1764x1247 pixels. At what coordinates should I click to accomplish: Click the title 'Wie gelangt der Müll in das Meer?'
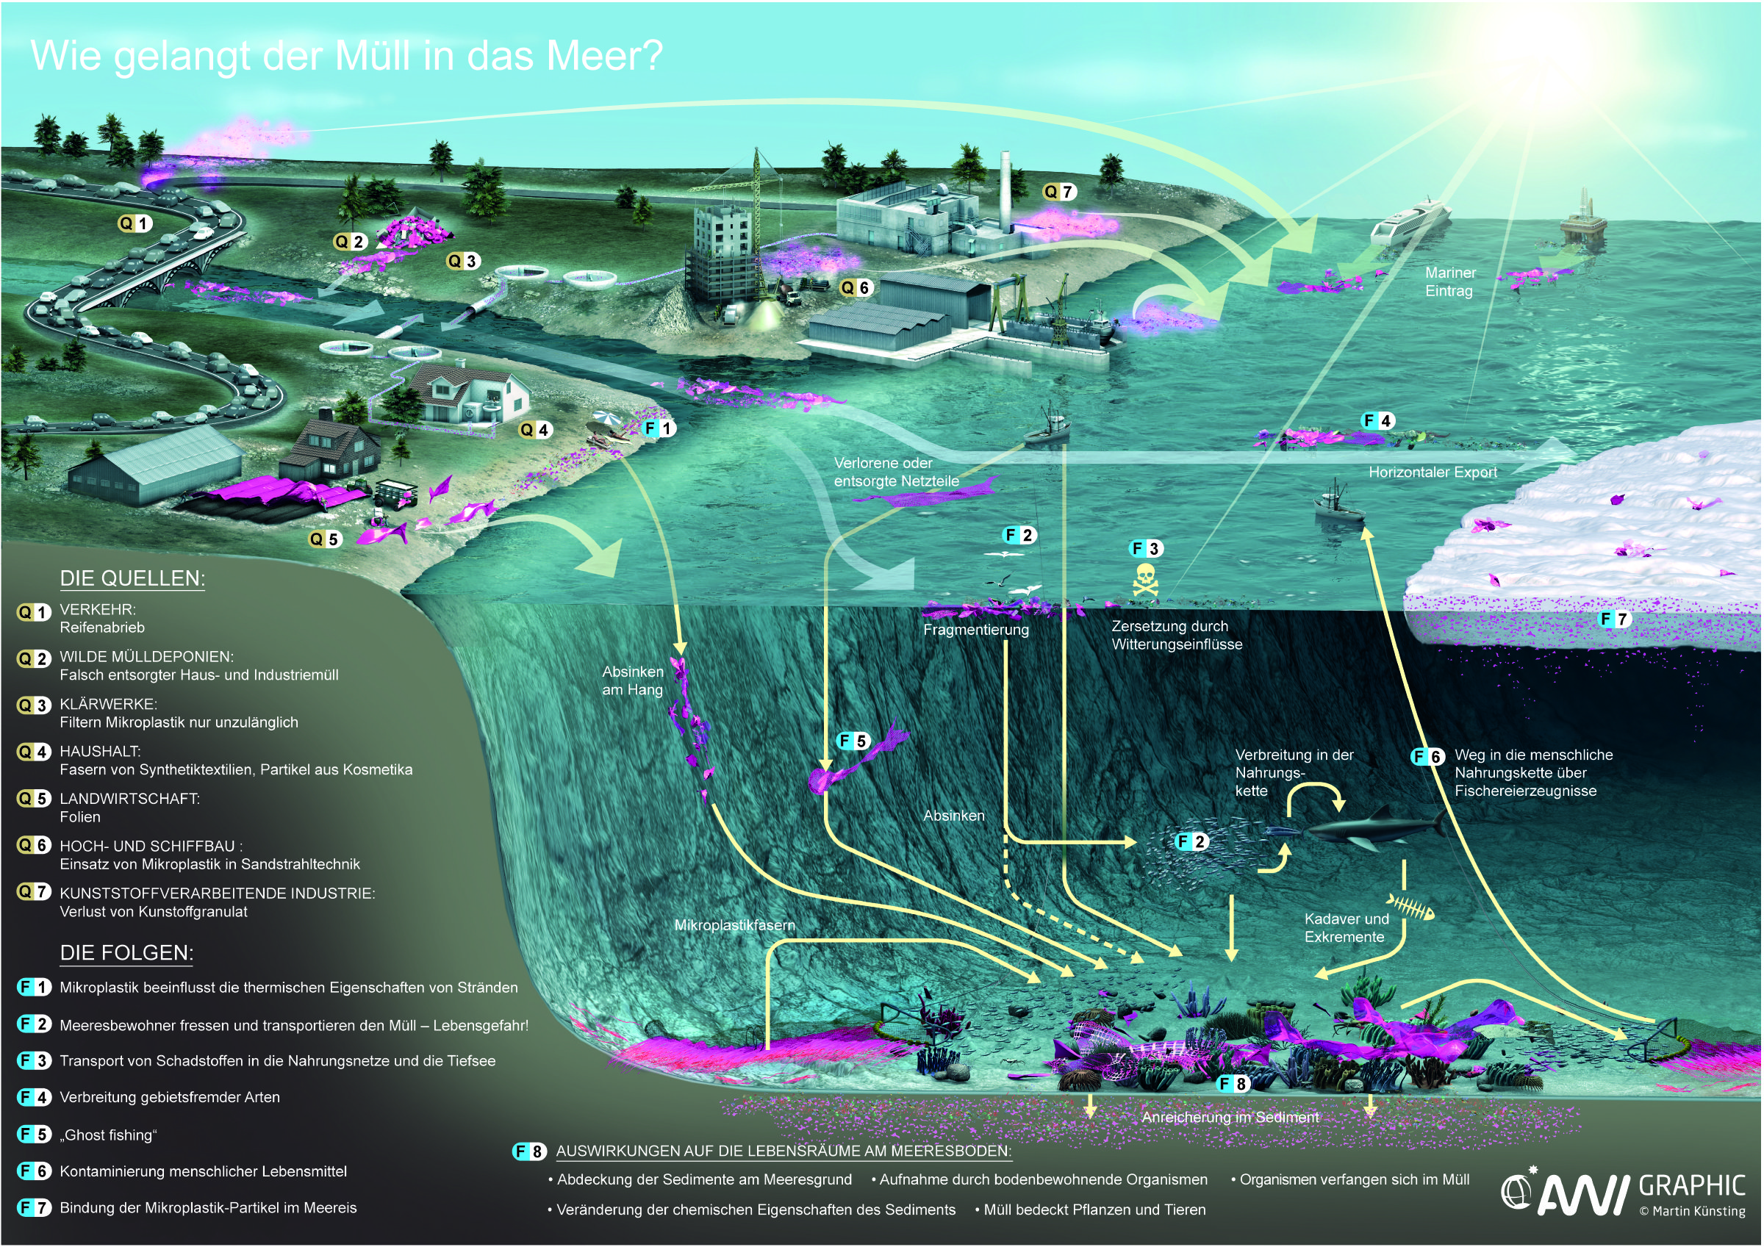point(345,55)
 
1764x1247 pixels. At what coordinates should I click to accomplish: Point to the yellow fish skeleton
point(1410,908)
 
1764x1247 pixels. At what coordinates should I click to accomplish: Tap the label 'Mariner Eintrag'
point(1449,281)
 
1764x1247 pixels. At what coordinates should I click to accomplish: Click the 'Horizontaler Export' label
point(1432,472)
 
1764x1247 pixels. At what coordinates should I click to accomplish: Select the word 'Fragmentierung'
point(976,630)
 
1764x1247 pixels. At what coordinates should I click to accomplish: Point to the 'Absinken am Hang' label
point(632,680)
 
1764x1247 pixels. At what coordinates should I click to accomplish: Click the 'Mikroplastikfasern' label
point(734,925)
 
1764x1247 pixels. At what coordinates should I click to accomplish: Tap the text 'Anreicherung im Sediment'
point(1229,1117)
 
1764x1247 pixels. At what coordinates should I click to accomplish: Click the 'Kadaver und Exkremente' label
point(1346,927)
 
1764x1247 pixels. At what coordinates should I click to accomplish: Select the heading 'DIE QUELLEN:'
point(132,578)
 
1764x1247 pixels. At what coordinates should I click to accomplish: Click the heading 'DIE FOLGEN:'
point(126,953)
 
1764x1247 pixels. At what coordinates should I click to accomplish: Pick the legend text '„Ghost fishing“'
point(108,1135)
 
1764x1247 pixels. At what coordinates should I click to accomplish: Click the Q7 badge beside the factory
point(1059,192)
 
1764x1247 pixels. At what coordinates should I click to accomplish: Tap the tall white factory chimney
point(1005,188)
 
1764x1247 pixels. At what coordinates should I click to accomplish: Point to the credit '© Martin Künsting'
point(1692,1212)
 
